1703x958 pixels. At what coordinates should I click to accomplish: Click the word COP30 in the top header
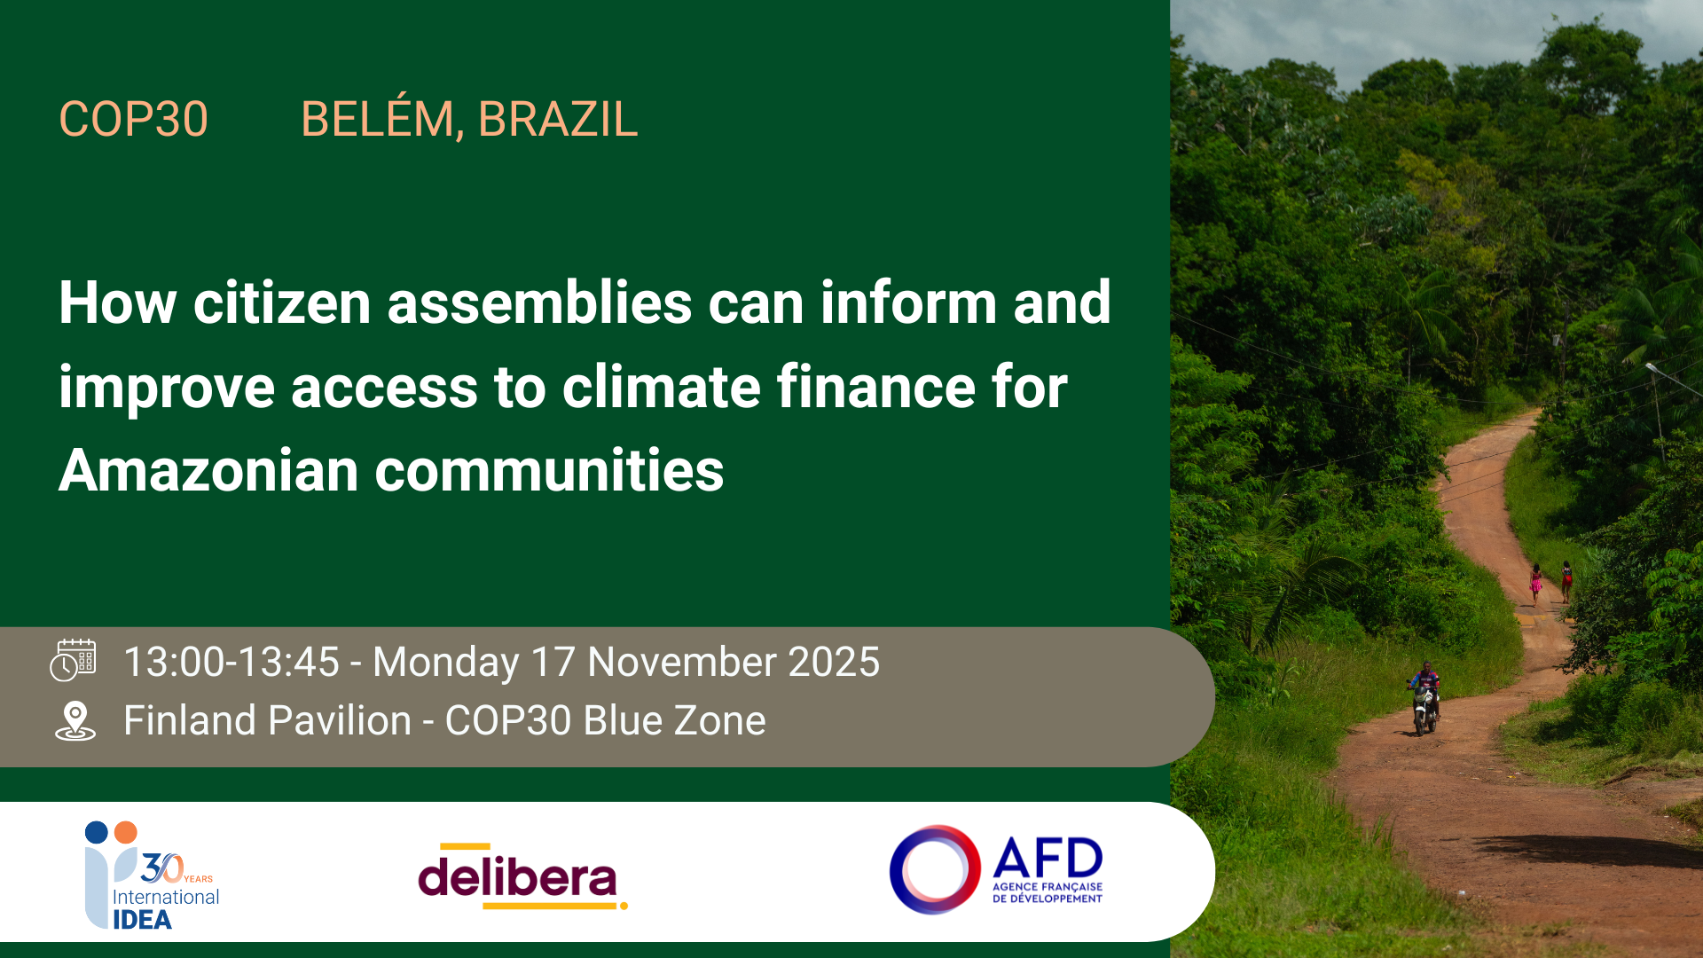click(x=133, y=119)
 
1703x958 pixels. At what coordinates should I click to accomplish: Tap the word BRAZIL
click(x=558, y=119)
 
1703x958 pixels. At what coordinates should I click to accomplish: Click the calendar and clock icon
click(x=73, y=660)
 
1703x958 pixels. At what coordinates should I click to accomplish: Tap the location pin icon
click(x=75, y=720)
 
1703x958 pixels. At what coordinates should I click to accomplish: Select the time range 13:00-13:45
click(x=232, y=663)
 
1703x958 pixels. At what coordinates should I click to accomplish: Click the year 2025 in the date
click(x=834, y=663)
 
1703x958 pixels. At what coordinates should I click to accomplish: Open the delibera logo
click(x=522, y=876)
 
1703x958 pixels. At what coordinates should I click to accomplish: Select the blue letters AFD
click(x=1048, y=858)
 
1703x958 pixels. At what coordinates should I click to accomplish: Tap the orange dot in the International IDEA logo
click(x=126, y=832)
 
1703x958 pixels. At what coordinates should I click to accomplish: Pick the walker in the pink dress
click(x=1535, y=585)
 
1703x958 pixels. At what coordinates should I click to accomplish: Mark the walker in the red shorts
click(x=1566, y=582)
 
